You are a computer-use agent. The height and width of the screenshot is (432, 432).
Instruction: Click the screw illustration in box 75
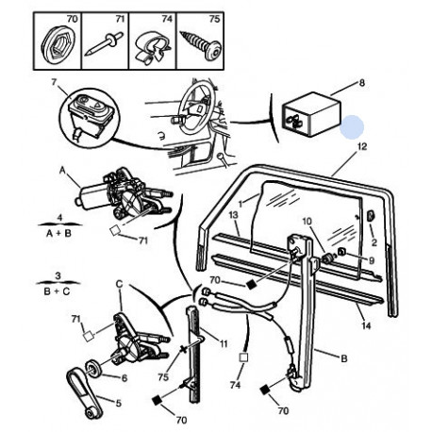[200, 45]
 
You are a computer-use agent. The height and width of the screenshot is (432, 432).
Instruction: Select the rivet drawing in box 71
[104, 43]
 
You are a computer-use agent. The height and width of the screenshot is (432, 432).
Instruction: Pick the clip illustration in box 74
[153, 47]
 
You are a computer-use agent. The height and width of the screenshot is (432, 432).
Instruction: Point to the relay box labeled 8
[311, 114]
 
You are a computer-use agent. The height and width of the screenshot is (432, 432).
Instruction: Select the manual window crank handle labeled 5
[83, 394]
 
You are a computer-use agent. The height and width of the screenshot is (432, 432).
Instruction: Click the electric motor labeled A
[92, 195]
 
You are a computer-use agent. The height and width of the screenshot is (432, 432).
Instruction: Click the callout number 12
[362, 146]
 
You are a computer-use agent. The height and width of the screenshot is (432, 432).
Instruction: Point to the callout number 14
[366, 325]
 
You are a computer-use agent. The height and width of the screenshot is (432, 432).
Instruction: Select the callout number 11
[223, 343]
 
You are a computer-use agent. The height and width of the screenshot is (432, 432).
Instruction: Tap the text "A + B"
[58, 233]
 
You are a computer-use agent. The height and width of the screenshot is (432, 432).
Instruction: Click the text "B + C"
[57, 291]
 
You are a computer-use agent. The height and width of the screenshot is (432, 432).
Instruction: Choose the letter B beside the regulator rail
[344, 358]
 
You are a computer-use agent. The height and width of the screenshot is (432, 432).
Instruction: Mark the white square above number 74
[243, 357]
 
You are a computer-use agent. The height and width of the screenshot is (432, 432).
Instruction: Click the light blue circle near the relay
[352, 126]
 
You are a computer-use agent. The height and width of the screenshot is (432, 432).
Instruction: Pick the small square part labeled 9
[341, 251]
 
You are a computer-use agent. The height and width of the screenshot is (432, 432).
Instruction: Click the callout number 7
[54, 82]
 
